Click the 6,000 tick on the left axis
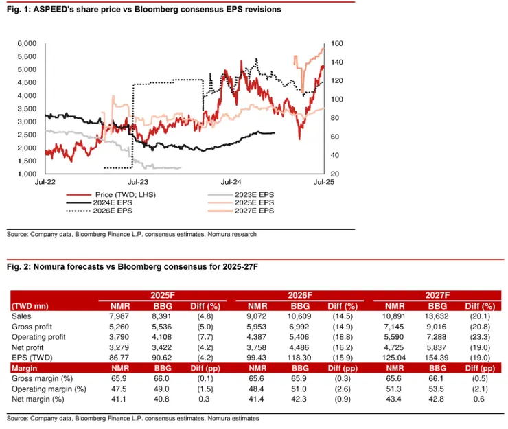[25, 43]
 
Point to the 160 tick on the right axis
[336, 43]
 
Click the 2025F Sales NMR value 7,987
[121, 316]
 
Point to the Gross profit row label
[31, 327]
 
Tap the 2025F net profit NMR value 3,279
[121, 347]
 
